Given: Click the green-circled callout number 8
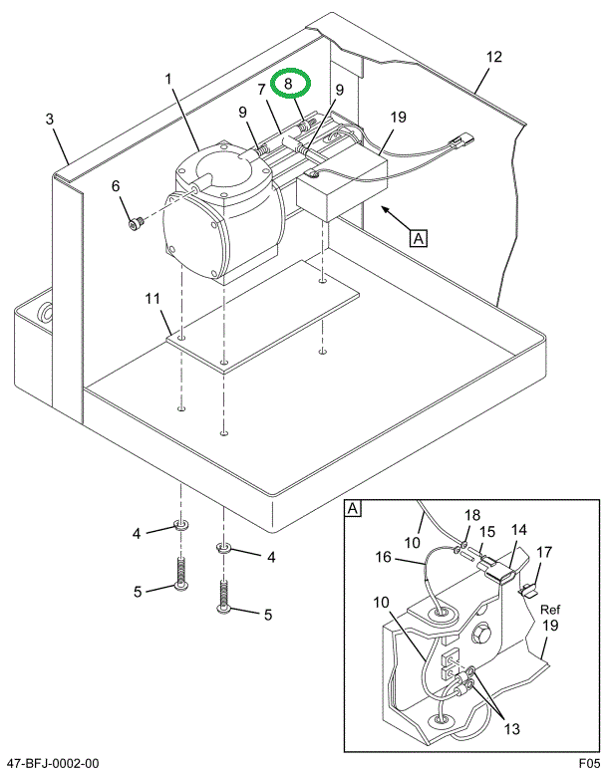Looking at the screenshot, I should pyautogui.click(x=288, y=84).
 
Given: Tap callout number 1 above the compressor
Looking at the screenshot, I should pyautogui.click(x=169, y=79).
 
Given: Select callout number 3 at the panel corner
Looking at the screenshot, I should pyautogui.click(x=49, y=121).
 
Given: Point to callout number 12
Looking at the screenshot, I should pyautogui.click(x=490, y=58).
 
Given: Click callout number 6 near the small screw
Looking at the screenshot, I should pyautogui.click(x=115, y=185).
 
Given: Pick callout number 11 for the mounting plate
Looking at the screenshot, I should pyautogui.click(x=152, y=299).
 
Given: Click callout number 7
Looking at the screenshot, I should pyautogui.click(x=262, y=90).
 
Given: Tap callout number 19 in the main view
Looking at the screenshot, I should pyautogui.click(x=398, y=118).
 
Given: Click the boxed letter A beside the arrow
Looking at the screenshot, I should pyautogui.click(x=419, y=238).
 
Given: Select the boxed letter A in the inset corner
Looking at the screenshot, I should pyautogui.click(x=353, y=510).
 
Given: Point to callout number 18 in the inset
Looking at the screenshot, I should pyautogui.click(x=472, y=515).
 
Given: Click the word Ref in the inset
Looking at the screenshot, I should pyautogui.click(x=551, y=610).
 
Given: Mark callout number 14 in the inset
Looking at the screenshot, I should pyautogui.click(x=518, y=531).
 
